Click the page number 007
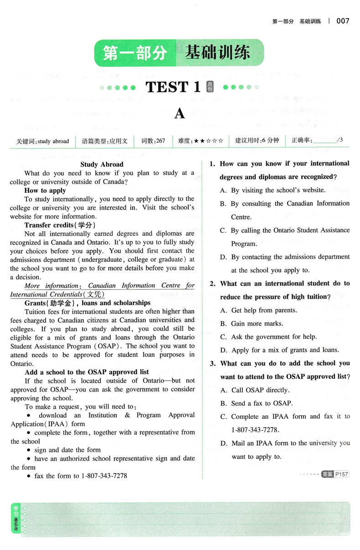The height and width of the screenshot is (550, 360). click(343, 21)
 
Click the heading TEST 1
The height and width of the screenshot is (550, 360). click(173, 87)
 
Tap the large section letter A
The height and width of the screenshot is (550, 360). click(180, 113)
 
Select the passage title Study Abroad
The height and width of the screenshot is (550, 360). click(102, 164)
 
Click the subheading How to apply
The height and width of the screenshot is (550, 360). click(45, 191)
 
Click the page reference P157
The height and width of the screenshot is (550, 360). click(341, 474)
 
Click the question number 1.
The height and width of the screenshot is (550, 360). click(212, 164)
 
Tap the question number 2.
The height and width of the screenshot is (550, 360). click(212, 284)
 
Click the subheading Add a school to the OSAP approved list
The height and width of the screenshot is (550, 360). click(87, 372)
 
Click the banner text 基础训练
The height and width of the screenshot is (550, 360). click(217, 53)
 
